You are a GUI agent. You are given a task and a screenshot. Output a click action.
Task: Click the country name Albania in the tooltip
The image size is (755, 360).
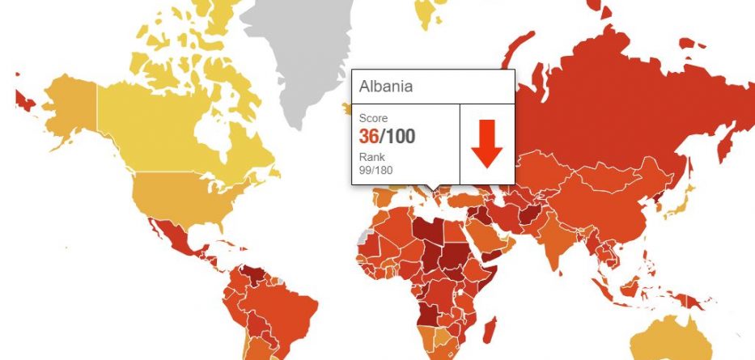pos(386,87)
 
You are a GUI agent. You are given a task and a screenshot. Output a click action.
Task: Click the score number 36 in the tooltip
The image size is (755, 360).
pos(370,136)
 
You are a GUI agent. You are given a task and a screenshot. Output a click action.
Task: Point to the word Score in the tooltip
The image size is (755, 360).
pos(373,118)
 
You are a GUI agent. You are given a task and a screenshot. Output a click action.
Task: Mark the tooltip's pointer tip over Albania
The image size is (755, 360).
pos(435,193)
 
